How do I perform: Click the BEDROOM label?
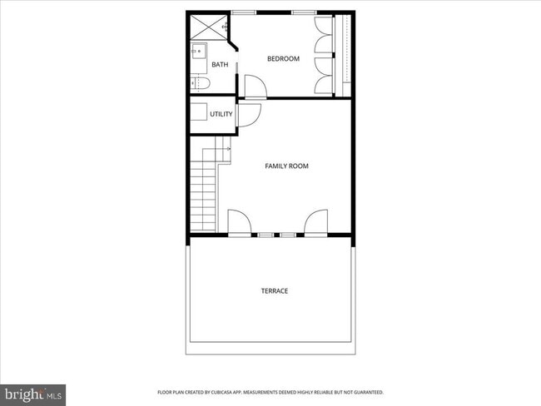point(283,58)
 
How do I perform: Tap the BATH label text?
point(220,64)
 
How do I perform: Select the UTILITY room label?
point(221,114)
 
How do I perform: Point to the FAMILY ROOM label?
point(286,166)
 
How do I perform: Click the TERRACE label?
point(275,290)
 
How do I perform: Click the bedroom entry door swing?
point(254,85)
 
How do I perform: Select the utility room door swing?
point(249,114)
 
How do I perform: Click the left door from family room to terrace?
point(238,223)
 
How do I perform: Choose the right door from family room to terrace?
point(315,223)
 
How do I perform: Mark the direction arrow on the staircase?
point(226,150)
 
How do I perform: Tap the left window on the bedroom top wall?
point(244,12)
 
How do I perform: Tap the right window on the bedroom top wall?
point(304,12)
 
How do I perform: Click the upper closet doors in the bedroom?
point(324,34)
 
